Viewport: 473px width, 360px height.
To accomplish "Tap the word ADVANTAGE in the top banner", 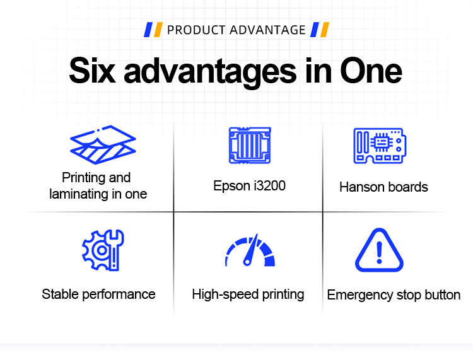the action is (x=268, y=30).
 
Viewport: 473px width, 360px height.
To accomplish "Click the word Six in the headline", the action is (x=92, y=70).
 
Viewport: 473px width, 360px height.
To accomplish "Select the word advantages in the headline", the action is (x=210, y=73).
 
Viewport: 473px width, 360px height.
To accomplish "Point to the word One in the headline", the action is (x=371, y=70).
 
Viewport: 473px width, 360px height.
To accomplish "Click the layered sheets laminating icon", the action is (x=103, y=145).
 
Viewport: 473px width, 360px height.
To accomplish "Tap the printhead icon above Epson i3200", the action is (x=250, y=146).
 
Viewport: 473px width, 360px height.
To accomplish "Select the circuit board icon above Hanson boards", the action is (x=380, y=146).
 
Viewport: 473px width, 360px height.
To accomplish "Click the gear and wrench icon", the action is (x=103, y=250).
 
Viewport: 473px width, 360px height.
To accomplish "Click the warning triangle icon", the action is (x=379, y=250).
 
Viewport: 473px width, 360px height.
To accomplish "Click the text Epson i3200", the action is (x=250, y=186).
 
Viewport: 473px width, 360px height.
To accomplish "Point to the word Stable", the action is (x=61, y=294).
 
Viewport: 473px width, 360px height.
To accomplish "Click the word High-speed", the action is (x=226, y=294).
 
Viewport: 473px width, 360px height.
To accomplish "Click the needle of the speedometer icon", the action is (x=251, y=250).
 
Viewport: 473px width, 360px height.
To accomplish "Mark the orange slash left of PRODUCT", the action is (x=158, y=30).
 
